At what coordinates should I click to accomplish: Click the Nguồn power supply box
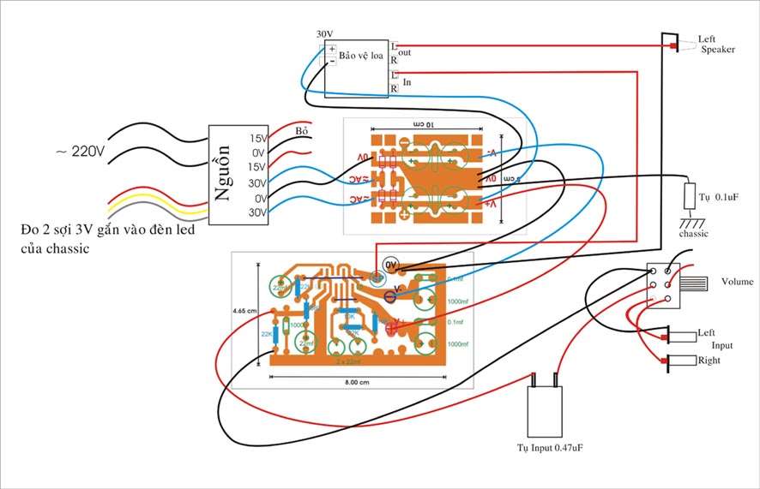[229, 176]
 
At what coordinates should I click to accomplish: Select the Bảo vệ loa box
[356, 67]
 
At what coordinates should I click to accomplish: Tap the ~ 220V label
[80, 152]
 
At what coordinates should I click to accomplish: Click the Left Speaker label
[716, 45]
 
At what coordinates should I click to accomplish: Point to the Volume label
[737, 282]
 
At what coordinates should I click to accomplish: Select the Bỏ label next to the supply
[301, 131]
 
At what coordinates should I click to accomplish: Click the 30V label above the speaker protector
[324, 34]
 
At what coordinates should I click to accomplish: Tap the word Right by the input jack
[709, 361]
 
